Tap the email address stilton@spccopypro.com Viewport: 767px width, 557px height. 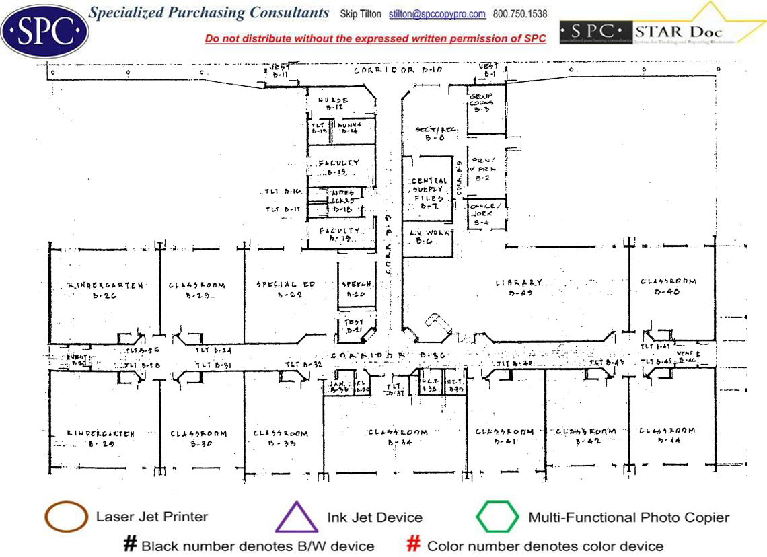(x=437, y=14)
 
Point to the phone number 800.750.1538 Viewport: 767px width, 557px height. (x=520, y=14)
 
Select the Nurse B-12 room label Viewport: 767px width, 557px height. (x=333, y=104)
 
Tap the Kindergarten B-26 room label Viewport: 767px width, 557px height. (x=106, y=289)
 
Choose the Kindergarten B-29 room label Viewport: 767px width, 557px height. (x=101, y=438)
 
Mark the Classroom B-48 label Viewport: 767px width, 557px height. (x=668, y=286)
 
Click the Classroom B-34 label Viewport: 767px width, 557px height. (x=398, y=437)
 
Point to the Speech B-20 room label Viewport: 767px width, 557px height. (x=355, y=289)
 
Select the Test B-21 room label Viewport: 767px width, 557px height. (x=354, y=326)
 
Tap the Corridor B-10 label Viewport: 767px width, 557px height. (x=398, y=70)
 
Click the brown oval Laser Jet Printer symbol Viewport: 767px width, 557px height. (x=66, y=517)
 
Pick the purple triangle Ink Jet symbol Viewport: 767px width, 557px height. (x=296, y=518)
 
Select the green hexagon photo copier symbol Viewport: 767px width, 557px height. (x=497, y=517)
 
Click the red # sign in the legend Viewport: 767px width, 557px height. (x=414, y=544)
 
